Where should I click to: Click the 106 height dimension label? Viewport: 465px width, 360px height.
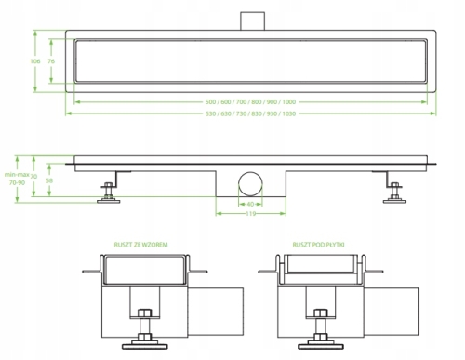[x=35, y=61]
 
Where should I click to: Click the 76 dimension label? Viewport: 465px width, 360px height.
[x=51, y=61]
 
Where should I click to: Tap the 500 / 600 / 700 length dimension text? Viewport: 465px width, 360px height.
[x=250, y=102]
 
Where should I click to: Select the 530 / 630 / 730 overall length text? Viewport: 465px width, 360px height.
[x=250, y=113]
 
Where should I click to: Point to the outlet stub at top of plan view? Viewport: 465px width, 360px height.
[x=253, y=21]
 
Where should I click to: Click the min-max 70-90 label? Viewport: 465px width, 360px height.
[x=17, y=179]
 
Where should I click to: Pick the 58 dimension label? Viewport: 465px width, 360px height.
[x=49, y=180]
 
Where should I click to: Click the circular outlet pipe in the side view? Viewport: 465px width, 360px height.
[x=250, y=184]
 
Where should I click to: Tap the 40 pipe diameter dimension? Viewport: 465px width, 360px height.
[x=250, y=204]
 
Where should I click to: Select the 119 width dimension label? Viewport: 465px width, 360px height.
[x=250, y=214]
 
